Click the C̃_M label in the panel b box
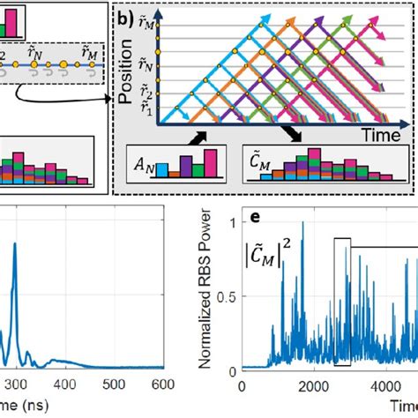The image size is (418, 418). (261, 168)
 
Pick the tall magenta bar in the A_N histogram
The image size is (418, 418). (210, 165)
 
